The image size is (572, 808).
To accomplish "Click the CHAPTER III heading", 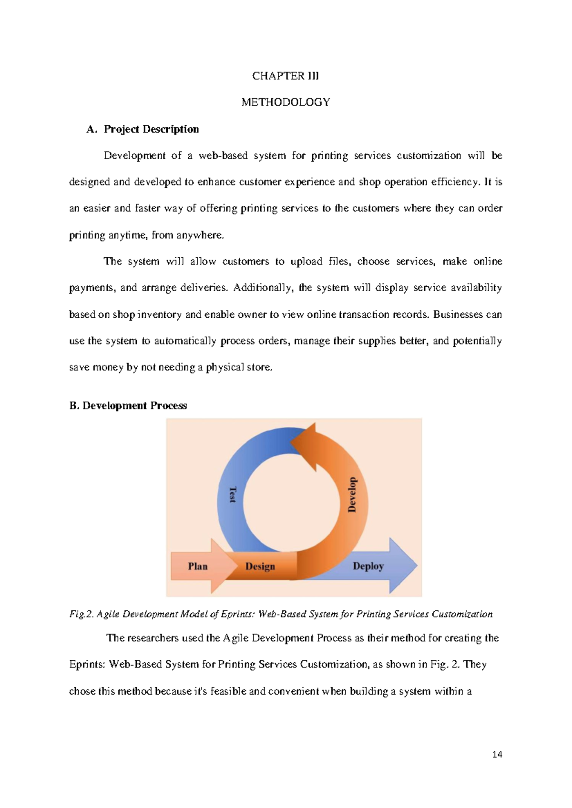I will tap(285, 76).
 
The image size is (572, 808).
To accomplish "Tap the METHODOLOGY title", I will tap(285, 102).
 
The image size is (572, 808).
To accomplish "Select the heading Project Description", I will tap(151, 129).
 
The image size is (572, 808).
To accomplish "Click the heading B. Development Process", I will tap(128, 405).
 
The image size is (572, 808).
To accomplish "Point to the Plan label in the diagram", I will tap(197, 566).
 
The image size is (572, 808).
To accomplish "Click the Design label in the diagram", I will tap(260, 566).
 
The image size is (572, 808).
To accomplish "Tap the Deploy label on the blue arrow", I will tap(368, 566).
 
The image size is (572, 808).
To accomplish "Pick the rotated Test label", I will tap(233, 495).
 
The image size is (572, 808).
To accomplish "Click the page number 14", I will tap(497, 754).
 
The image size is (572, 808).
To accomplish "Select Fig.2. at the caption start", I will tap(82, 614).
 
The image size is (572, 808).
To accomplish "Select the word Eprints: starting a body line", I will tap(87, 664).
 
